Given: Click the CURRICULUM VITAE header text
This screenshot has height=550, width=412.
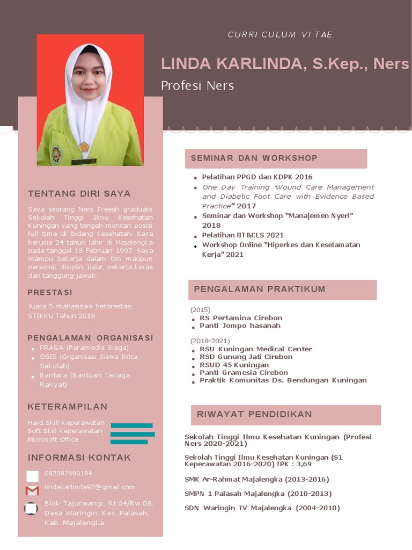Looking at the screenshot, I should tap(280, 35).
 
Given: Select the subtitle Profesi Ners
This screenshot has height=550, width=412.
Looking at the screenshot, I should tap(197, 85).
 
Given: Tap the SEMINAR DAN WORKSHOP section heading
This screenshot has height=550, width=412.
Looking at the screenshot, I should tap(254, 158).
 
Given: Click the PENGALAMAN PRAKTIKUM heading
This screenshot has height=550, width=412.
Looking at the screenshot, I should tap(260, 289).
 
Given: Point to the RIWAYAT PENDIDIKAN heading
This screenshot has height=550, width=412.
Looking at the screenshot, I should tap(254, 414).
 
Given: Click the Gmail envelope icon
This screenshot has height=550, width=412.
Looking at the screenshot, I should tap(32, 490).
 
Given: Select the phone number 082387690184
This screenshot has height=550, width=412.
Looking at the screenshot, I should tap(68, 473).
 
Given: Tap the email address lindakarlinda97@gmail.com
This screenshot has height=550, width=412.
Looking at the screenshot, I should tap(90, 487).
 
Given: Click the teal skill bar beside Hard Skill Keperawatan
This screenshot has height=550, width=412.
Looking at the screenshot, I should tap(131, 425).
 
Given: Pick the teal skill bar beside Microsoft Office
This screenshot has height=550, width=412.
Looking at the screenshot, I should tap(129, 442).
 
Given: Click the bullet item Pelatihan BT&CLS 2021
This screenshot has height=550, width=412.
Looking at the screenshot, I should tap(242, 235).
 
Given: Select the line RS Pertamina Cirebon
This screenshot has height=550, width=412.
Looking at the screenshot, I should tap(241, 318).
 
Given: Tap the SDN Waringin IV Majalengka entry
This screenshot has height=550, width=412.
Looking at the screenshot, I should tap(262, 508).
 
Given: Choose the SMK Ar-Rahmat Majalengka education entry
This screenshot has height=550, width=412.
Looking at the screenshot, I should tap(256, 479).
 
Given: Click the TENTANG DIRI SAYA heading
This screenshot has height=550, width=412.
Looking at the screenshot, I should tap(79, 193).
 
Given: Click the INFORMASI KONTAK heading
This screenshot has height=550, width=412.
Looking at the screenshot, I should tap(79, 458).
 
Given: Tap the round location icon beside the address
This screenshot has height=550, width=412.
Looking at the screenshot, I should tap(31, 508).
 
